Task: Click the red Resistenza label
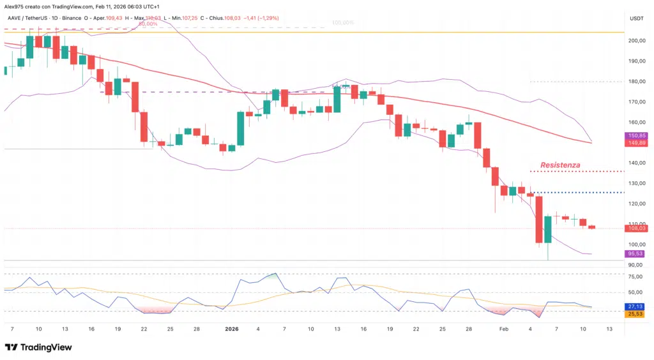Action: [560, 165]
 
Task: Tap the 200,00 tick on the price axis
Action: [636, 41]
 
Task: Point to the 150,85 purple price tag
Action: [636, 135]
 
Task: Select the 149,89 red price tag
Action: [636, 143]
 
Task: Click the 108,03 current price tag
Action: [636, 228]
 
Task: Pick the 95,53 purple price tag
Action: [636, 253]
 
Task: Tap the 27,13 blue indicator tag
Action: [636, 306]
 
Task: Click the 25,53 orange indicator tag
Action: [636, 314]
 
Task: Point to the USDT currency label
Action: [636, 19]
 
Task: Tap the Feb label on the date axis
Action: [504, 329]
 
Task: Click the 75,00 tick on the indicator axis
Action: [636, 276]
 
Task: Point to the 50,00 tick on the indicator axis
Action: [636, 292]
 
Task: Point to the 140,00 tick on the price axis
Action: [636, 163]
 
